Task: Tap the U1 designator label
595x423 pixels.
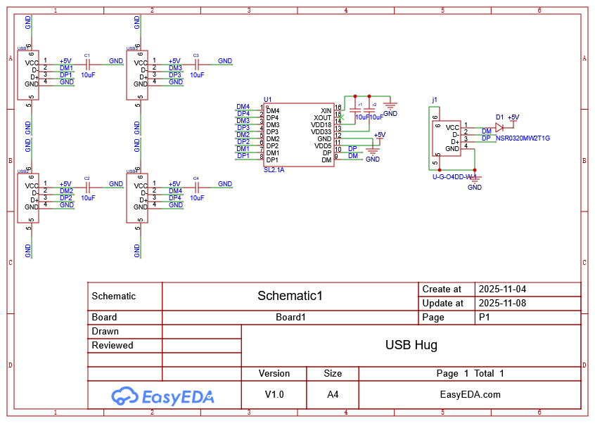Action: (x=267, y=100)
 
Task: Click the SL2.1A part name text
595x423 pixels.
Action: (x=274, y=170)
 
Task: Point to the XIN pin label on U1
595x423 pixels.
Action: (x=325, y=110)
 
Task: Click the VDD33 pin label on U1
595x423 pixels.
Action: (x=321, y=131)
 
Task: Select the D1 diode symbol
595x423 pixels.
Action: (x=499, y=128)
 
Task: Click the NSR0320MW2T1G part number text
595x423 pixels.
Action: (x=523, y=138)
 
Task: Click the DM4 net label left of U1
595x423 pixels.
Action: (x=243, y=107)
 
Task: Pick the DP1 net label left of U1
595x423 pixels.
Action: (x=243, y=156)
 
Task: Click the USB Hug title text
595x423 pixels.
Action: (x=411, y=345)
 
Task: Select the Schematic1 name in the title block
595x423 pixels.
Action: (x=290, y=296)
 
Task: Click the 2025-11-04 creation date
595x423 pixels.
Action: (x=501, y=289)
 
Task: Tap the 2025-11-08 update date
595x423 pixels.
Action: (x=501, y=303)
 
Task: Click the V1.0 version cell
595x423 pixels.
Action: (x=274, y=394)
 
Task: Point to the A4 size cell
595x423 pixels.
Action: (x=333, y=394)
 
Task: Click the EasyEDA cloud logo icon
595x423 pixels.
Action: (x=124, y=396)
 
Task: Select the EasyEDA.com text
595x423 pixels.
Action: (x=470, y=394)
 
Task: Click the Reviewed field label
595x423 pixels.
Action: (x=113, y=345)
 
